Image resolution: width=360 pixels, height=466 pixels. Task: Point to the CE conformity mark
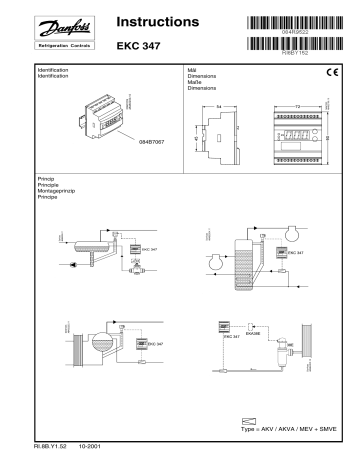click(333, 71)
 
